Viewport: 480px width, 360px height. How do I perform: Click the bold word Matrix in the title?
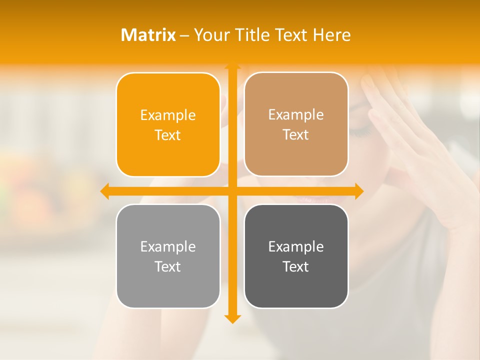coord(148,35)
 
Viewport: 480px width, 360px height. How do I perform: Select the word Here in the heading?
coord(332,35)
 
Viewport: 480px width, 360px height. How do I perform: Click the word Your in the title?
coord(212,35)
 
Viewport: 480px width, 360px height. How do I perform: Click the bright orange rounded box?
coord(168,124)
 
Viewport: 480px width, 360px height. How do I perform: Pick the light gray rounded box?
coord(168,256)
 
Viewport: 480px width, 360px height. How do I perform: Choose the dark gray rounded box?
coord(296,256)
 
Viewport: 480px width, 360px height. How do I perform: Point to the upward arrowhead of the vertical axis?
coord(232,65)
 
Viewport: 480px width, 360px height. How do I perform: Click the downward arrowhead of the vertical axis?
coord(232,318)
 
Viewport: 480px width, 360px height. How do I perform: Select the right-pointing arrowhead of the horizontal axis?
coord(359,191)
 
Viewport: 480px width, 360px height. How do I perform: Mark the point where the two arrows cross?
coord(232,191)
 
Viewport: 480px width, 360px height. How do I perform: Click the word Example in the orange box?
coord(168,115)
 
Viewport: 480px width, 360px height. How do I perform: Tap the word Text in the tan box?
coord(296,135)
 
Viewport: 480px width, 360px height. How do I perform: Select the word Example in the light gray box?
coord(168,246)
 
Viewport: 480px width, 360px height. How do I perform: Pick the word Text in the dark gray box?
coord(296,266)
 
